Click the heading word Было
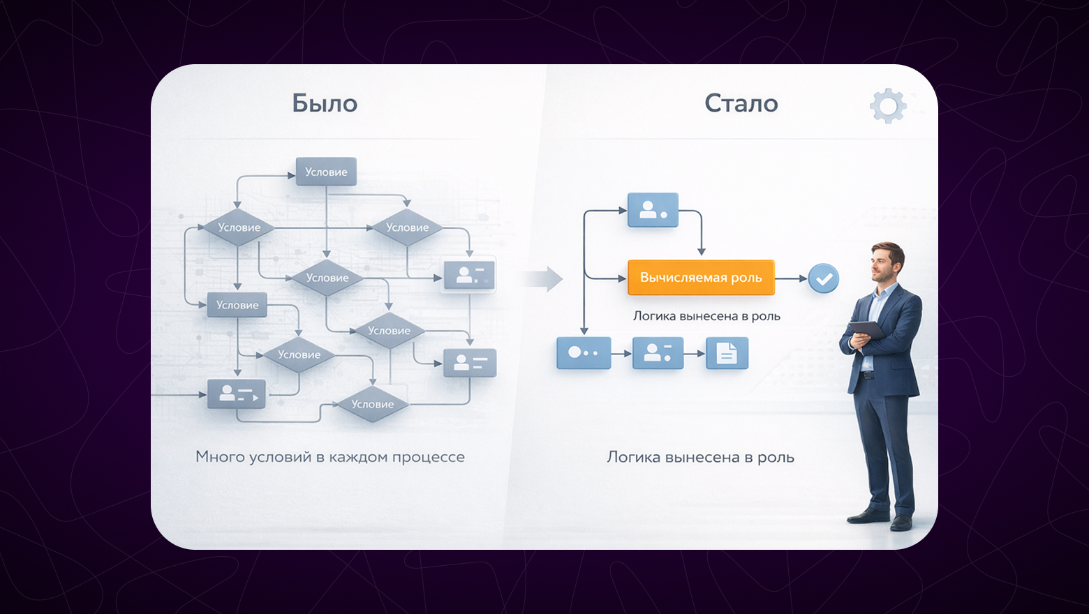click(x=325, y=103)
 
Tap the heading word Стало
click(x=741, y=103)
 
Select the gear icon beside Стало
click(x=888, y=106)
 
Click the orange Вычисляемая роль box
click(x=701, y=278)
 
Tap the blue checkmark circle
click(x=824, y=278)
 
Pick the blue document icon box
click(x=727, y=353)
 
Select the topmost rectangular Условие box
click(x=326, y=172)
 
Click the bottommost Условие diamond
click(x=372, y=404)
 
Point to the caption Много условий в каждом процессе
click(x=329, y=457)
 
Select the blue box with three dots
click(x=584, y=353)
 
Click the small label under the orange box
click(x=706, y=316)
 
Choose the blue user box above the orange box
click(x=653, y=210)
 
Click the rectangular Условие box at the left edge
click(x=237, y=305)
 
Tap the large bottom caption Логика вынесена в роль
click(x=700, y=458)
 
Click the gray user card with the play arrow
click(x=237, y=395)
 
